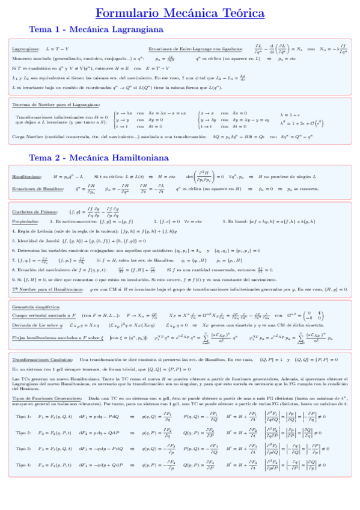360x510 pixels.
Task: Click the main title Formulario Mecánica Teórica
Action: (x=180, y=13)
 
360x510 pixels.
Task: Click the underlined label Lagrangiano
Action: (x=26, y=49)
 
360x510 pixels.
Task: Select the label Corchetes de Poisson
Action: (x=34, y=211)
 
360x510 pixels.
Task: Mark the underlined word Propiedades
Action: (x=26, y=221)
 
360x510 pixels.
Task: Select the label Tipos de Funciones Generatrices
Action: (x=46, y=398)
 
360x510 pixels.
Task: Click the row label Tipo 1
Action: (x=23, y=416)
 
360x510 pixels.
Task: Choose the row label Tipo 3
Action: (x=23, y=449)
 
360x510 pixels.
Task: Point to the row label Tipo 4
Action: (x=23, y=464)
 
